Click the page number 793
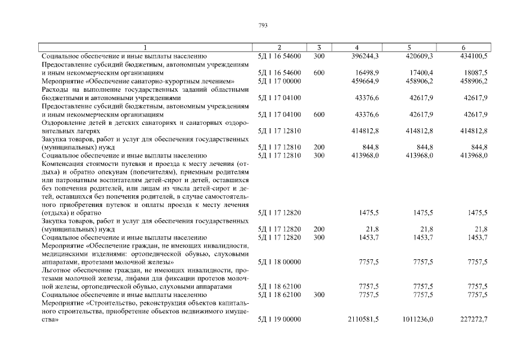click(x=263, y=25)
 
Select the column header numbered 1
click(x=146, y=48)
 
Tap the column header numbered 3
click(x=319, y=48)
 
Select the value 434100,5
click(x=474, y=56)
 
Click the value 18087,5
click(x=476, y=73)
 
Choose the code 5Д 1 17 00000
click(x=280, y=81)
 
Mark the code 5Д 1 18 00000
click(x=280, y=262)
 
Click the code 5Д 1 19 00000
click(x=280, y=319)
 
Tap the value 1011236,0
click(x=418, y=319)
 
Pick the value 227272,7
click(x=474, y=319)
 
